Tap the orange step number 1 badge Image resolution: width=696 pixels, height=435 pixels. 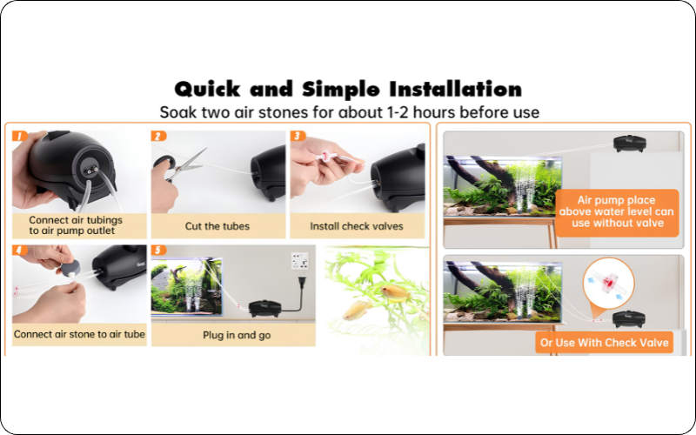[20, 136]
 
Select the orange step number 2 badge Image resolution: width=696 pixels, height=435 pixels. [159, 136]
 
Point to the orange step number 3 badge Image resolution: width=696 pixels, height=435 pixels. [298, 136]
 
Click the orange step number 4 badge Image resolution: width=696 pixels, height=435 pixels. [20, 251]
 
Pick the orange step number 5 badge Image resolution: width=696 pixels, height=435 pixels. [159, 251]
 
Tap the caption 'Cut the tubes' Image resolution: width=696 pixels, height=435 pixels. [217, 226]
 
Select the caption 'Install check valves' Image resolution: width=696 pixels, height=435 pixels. [357, 226]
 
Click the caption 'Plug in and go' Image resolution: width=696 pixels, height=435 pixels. [237, 335]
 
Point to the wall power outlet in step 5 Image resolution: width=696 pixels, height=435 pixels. [299, 261]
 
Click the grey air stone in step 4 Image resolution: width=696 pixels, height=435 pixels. [71, 269]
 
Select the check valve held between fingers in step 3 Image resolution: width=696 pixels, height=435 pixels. [326, 156]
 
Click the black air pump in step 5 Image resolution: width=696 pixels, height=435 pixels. [265, 309]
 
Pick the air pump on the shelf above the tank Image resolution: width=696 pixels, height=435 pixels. [629, 144]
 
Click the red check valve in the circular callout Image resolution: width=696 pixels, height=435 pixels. [608, 283]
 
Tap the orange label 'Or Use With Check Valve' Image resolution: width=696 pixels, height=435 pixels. [604, 343]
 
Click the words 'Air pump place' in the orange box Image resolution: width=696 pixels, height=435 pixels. [616, 200]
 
